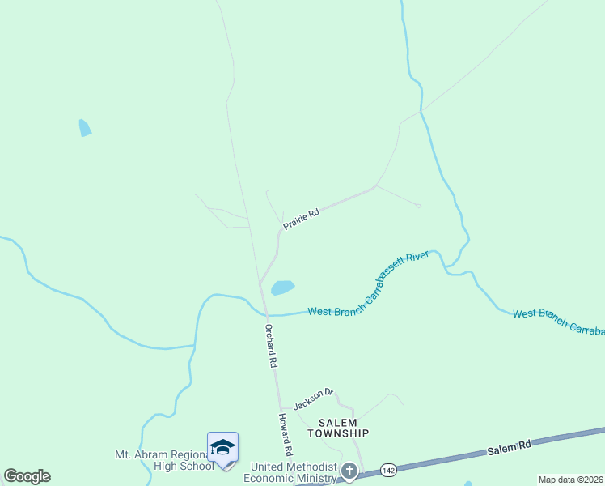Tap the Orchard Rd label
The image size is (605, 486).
point(272,347)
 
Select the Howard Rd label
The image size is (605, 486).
point(285,433)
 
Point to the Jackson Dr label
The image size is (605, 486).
point(313,398)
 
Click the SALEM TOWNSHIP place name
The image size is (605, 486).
point(343,428)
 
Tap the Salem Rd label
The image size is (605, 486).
point(509,446)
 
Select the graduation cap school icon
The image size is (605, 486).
point(222,447)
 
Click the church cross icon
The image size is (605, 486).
point(349,471)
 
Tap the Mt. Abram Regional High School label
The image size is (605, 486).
point(164,460)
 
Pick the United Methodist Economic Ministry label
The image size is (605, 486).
point(293,473)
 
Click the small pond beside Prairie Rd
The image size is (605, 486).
point(281,288)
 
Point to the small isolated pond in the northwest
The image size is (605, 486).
point(84,128)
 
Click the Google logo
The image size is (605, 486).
point(27,476)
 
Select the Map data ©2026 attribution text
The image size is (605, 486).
point(571,480)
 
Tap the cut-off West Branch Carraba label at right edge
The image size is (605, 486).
point(558,322)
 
